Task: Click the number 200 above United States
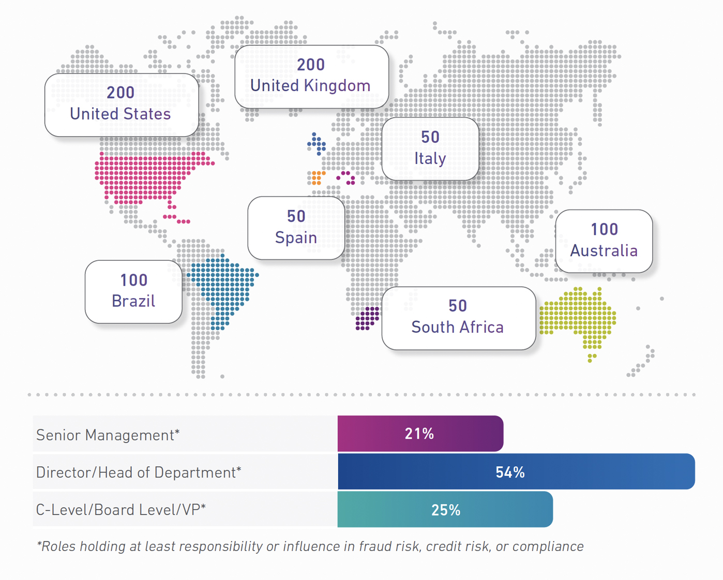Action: click(120, 93)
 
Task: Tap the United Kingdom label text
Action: click(310, 86)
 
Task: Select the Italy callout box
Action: click(430, 149)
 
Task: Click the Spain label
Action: click(296, 237)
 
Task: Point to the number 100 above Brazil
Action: click(134, 280)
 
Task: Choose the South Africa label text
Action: click(457, 327)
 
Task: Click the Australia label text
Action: click(604, 251)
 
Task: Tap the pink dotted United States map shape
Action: click(145, 176)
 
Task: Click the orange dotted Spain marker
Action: click(317, 177)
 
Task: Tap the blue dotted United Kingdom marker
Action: click(317, 143)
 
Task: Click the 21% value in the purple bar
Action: click(419, 434)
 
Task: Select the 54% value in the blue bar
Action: click(510, 472)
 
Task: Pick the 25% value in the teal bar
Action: click(446, 510)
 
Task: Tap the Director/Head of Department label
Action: click(139, 472)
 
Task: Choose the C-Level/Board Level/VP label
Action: click(121, 510)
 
